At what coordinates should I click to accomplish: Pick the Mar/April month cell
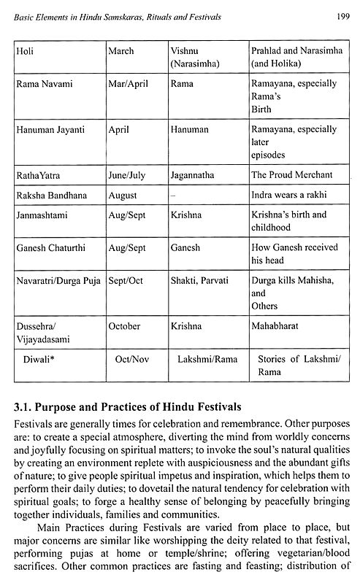[x=129, y=85]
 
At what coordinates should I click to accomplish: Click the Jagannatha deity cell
[x=199, y=175]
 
